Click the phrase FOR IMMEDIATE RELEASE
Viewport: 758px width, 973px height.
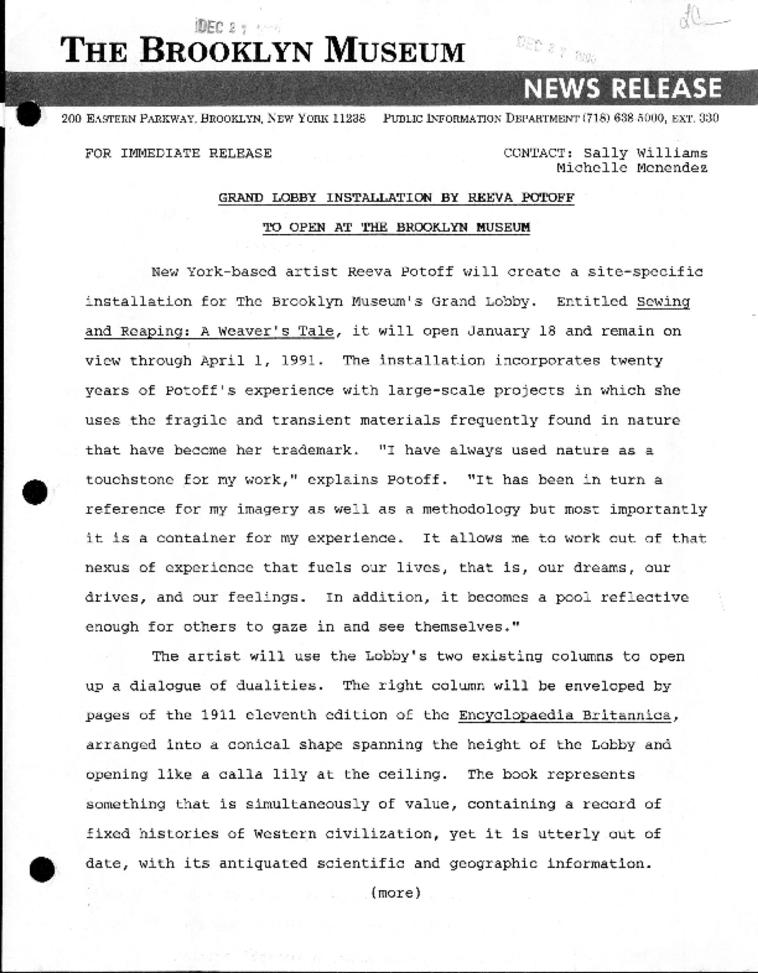point(178,153)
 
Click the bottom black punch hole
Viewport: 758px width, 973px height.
point(42,869)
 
